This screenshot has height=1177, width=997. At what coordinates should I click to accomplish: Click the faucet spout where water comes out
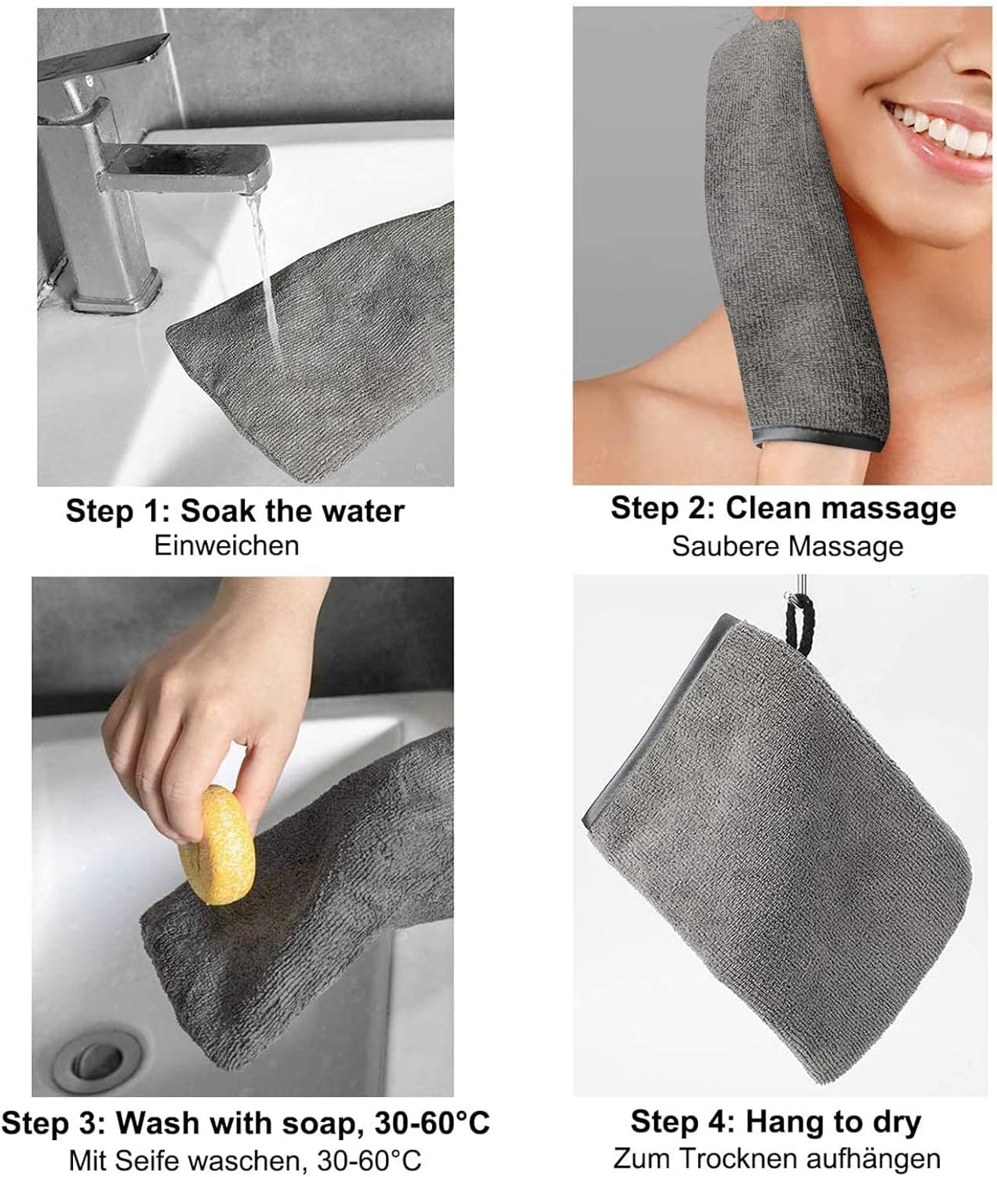[x=251, y=182]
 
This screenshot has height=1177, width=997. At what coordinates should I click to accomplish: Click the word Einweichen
[x=226, y=545]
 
